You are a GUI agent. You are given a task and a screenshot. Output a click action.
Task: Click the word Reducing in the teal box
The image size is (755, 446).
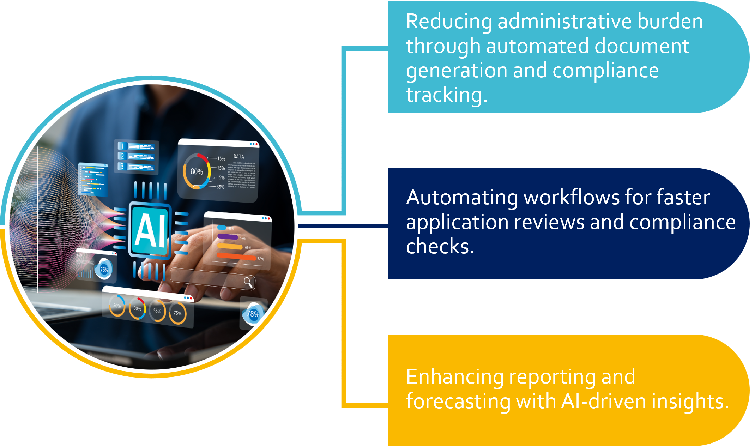pyautogui.click(x=449, y=22)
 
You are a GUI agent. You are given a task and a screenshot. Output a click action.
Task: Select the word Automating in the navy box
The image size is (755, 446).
pyautogui.click(x=462, y=198)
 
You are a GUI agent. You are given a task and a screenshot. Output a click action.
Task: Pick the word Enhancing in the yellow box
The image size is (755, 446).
pyautogui.click(x=455, y=377)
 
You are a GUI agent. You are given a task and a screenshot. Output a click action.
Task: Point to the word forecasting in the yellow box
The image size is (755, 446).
pyautogui.click(x=458, y=402)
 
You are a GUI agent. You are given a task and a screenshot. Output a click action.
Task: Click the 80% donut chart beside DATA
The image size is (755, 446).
pyautogui.click(x=197, y=171)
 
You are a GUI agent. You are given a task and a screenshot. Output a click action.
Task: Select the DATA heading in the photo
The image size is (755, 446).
pyautogui.click(x=238, y=156)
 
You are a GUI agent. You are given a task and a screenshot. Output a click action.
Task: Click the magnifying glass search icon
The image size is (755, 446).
pyautogui.click(x=248, y=282)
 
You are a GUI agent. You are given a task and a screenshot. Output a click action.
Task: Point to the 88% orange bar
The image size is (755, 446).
pyautogui.click(x=236, y=257)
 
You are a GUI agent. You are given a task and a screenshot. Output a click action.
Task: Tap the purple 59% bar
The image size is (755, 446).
pyautogui.click(x=228, y=236)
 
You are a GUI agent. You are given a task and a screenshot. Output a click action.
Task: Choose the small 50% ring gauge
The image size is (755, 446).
pyautogui.click(x=117, y=306)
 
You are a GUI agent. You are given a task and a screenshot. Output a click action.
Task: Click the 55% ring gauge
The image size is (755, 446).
pyautogui.click(x=157, y=311)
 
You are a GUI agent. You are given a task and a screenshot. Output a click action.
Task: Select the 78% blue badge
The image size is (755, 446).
pyautogui.click(x=253, y=314)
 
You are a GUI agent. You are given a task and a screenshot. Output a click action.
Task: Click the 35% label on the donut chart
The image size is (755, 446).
pyautogui.click(x=221, y=187)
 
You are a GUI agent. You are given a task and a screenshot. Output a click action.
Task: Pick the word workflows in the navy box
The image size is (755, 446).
pyautogui.click(x=572, y=198)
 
